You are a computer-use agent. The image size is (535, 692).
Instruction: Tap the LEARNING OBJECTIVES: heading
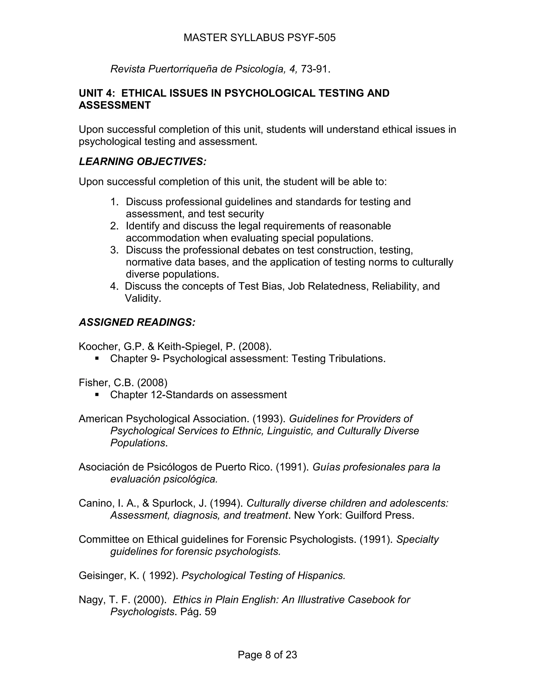pos(142,162)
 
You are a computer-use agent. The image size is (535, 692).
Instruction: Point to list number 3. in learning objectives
pos(114,250)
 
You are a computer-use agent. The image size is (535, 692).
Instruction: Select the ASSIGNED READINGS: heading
pos(137,322)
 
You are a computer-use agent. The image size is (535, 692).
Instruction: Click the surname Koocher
pos(98,346)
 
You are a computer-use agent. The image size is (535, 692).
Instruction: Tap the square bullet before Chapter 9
pos(97,358)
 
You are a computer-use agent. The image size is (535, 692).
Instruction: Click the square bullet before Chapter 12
pos(97,395)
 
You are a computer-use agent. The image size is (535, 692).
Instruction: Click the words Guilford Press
pos(379,515)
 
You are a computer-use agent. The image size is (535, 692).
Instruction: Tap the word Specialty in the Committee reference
pos(417,539)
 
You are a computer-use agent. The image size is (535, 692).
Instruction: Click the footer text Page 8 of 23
pos(267,655)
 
